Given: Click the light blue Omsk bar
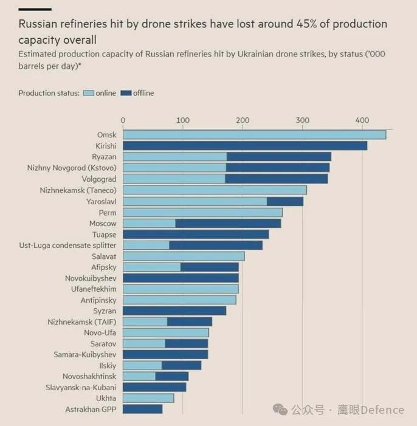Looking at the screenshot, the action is click(255, 135).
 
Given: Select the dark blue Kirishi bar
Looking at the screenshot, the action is click(245, 146).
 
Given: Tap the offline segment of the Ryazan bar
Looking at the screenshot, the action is click(279, 157).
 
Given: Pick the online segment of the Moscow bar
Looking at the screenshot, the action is click(150, 224).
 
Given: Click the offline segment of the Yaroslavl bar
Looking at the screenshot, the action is click(285, 202).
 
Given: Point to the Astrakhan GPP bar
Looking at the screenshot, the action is click(143, 409).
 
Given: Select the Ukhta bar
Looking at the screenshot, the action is click(148, 398).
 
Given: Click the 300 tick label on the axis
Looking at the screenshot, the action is click(302, 120).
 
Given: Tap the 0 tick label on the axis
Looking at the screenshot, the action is click(123, 120).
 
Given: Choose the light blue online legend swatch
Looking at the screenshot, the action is click(89, 93).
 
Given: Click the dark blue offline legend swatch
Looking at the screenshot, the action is click(126, 93).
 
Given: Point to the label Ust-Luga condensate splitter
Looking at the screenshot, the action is click(67, 246).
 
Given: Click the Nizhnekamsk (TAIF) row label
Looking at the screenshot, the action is click(82, 322).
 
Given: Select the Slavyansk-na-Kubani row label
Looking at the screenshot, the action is click(81, 388).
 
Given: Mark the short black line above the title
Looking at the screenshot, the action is click(35, 10).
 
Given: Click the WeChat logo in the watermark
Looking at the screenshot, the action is click(280, 410).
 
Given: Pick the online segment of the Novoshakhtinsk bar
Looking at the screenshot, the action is click(139, 376).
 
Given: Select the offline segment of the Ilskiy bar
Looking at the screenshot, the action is click(182, 365).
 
